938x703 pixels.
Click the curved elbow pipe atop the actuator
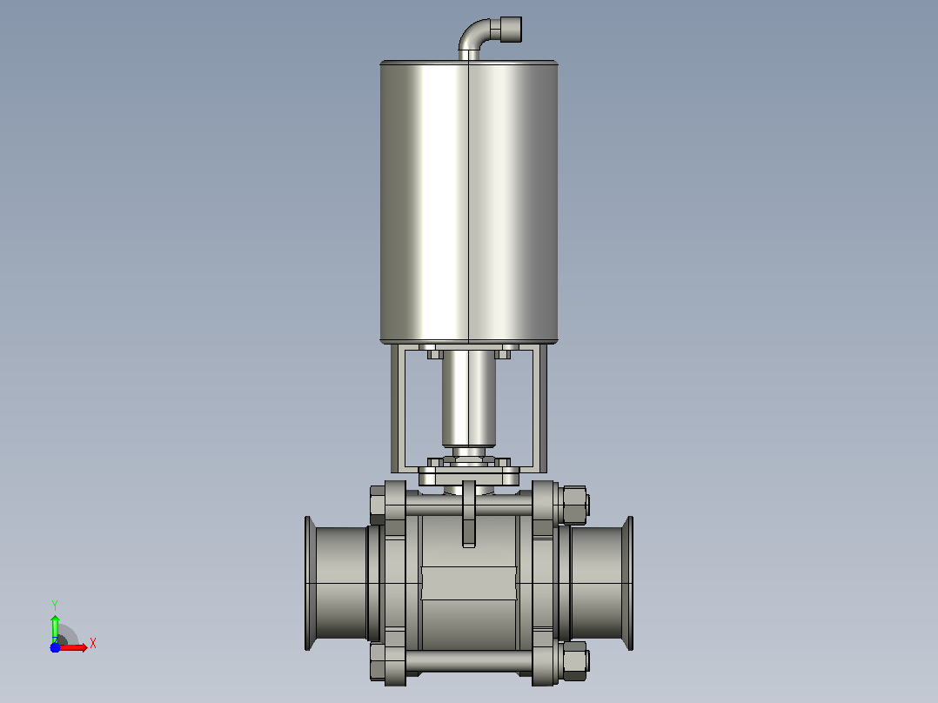(x=472, y=35)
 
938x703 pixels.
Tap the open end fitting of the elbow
(x=511, y=30)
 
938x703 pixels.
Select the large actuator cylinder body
(x=469, y=202)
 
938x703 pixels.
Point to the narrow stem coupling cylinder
(x=469, y=398)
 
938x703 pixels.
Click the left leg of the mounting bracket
(x=398, y=409)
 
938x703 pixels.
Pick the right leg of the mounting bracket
(x=539, y=409)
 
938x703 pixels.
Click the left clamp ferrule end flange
(x=309, y=583)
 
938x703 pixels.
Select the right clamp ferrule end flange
(x=628, y=583)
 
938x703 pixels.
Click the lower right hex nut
(x=574, y=661)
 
